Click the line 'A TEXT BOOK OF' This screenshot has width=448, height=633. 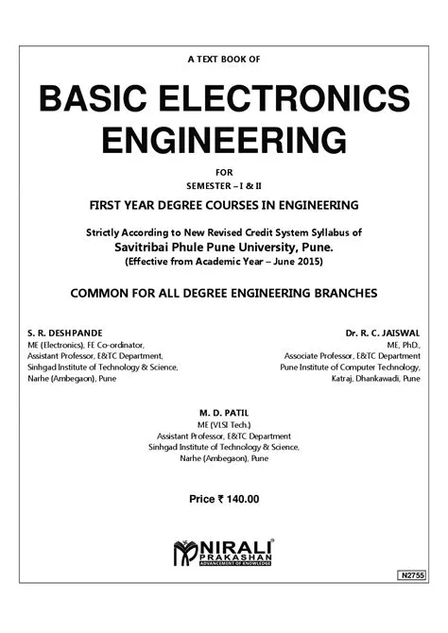[x=223, y=60]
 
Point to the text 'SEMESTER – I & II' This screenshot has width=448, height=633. [x=223, y=185]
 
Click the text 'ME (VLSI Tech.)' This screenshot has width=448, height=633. [x=223, y=425]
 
